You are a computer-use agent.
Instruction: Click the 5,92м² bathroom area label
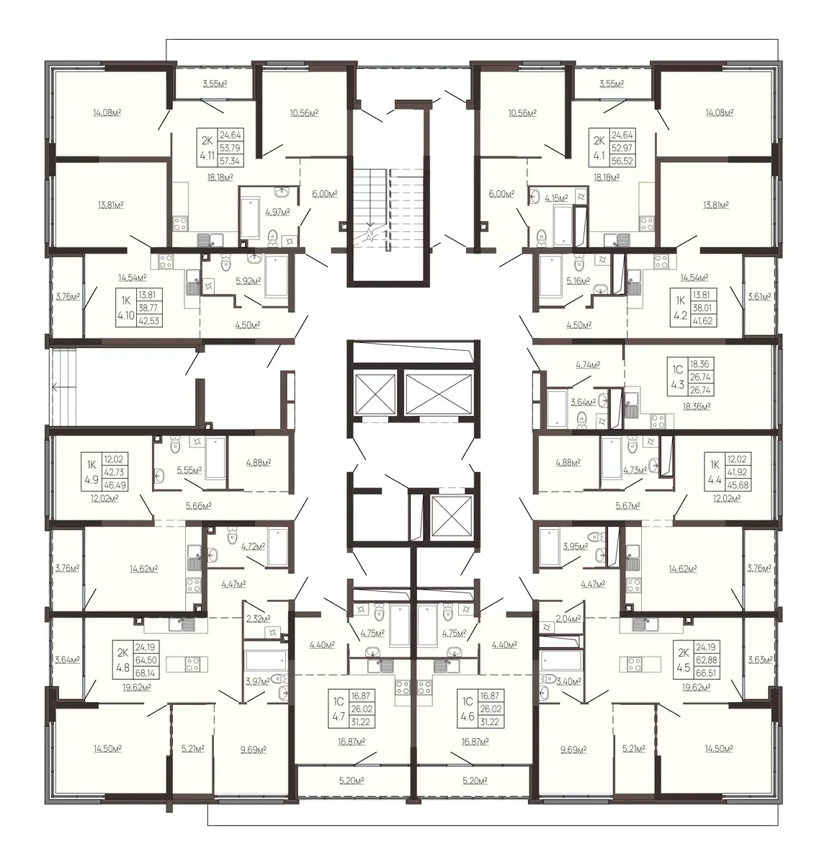tap(248, 280)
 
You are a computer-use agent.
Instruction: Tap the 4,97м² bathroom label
tap(277, 212)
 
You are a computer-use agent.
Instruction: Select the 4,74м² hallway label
tap(588, 365)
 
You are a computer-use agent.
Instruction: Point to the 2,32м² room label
tap(258, 618)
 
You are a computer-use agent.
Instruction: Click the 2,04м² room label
tap(568, 618)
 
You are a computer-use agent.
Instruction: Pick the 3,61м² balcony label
tap(759, 296)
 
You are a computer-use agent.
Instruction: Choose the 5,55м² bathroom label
tap(189, 470)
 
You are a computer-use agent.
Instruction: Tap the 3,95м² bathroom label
tap(575, 546)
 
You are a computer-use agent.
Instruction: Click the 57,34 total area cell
tap(230, 161)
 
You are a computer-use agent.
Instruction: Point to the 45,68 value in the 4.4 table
tap(738, 485)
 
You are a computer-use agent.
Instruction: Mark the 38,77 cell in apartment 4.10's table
tap(148, 308)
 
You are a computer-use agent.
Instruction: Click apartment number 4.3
tap(677, 384)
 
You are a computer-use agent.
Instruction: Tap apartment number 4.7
tap(339, 717)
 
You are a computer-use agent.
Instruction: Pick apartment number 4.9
tap(91, 480)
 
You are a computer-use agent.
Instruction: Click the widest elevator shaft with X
tap(439, 393)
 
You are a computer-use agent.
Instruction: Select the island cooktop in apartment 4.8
tap(193, 664)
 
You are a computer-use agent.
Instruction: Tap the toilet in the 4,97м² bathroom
tap(273, 238)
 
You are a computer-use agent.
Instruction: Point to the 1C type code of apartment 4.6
tap(468, 701)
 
